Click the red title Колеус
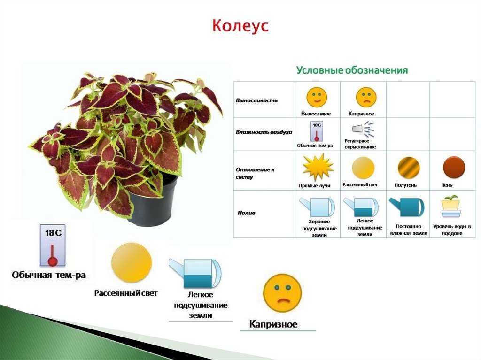(x=240, y=25)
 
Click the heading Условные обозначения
(x=352, y=70)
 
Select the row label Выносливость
(x=257, y=100)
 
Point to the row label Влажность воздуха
(x=264, y=132)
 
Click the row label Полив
(x=246, y=213)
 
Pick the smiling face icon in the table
(x=317, y=97)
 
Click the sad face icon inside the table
(x=365, y=97)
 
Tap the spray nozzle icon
(x=364, y=129)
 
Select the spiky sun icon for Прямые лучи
(x=318, y=168)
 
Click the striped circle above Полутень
(x=409, y=168)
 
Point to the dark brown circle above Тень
(x=454, y=168)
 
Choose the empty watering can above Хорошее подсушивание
(x=318, y=207)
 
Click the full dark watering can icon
(x=407, y=207)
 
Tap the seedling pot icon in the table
(x=451, y=206)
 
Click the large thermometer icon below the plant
(x=53, y=245)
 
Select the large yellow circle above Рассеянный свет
(x=132, y=262)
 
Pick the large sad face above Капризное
(x=282, y=293)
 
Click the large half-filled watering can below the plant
(x=195, y=273)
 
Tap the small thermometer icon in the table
(x=317, y=131)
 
